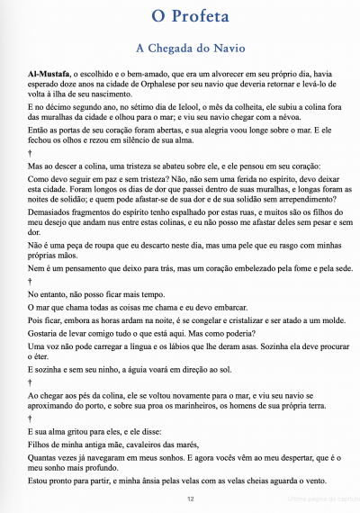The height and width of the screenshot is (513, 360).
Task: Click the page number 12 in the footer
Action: click(191, 498)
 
